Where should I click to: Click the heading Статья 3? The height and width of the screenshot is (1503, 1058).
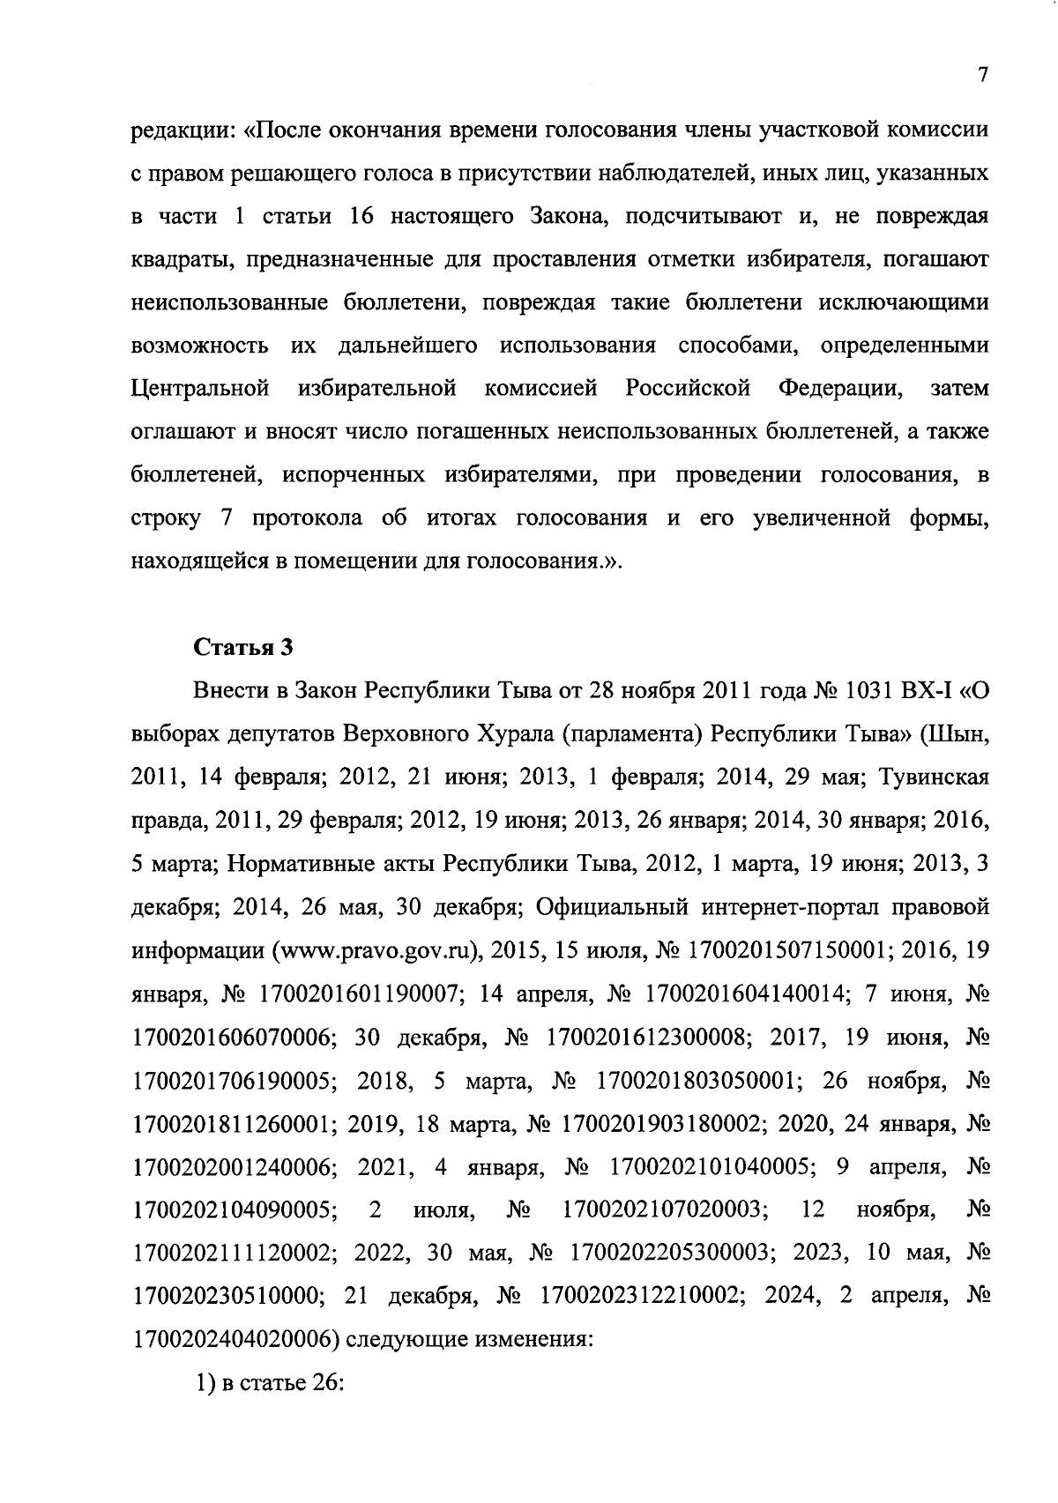point(242,648)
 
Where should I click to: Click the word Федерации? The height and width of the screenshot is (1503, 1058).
point(840,389)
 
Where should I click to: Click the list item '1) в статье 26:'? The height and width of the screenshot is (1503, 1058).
point(267,1384)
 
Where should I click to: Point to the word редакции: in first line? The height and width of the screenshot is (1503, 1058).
point(183,130)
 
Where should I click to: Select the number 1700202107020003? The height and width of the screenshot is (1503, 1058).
point(664,1210)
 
